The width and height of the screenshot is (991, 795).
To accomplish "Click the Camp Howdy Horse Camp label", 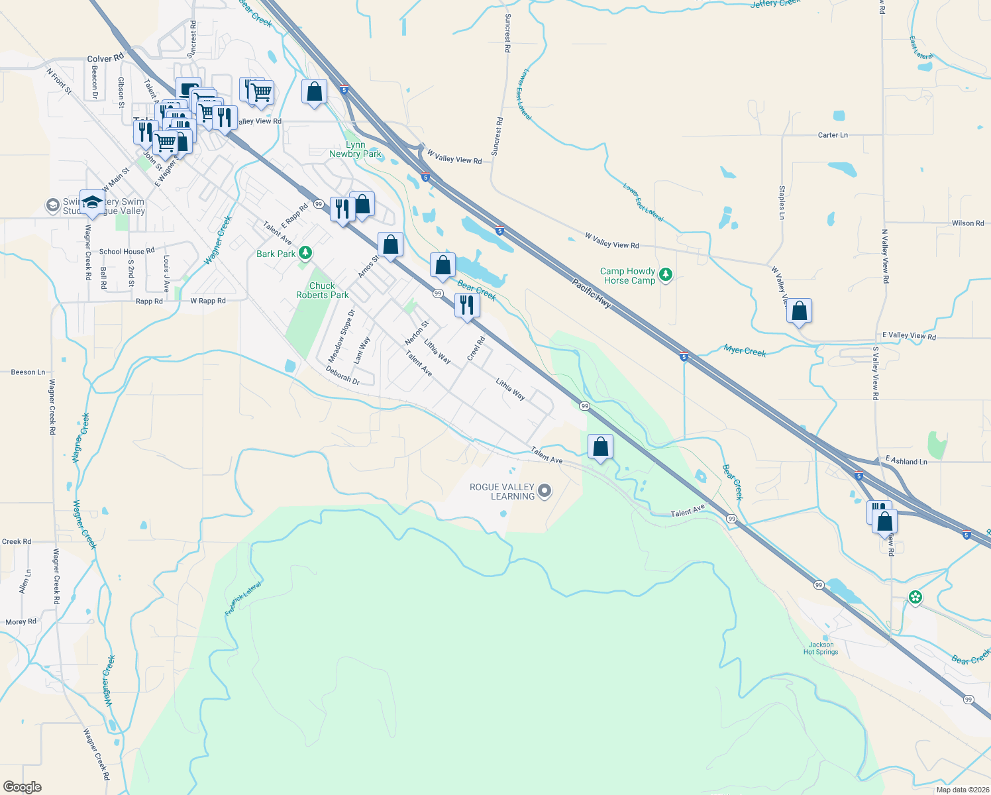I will pos(627,276).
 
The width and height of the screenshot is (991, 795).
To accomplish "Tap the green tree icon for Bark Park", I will pos(305,252).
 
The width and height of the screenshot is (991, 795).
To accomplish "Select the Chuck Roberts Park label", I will pos(322,290).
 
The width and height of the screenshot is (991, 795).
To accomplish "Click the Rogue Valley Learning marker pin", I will pos(545,491).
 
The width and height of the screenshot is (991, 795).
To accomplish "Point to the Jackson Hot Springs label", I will pos(821,648).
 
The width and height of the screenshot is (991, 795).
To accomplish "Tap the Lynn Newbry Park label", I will pos(355,149).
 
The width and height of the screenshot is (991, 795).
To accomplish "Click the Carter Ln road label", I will pos(833,135).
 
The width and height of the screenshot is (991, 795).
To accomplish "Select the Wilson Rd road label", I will pos(967,223).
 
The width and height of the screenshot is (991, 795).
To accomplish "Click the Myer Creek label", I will pos(745,350).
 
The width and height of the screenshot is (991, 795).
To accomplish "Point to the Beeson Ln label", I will pos(28,372).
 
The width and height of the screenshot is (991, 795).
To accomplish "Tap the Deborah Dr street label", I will pos(342,376).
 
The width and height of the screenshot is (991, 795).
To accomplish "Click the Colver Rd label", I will pos(105,58).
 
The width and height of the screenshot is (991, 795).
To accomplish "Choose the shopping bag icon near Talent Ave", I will pos(600,447).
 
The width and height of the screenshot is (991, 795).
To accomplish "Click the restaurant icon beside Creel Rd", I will pos(467,305).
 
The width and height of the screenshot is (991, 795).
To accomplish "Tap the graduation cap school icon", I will pos(91,202).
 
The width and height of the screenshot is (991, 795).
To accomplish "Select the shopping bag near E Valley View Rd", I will pos(799,311).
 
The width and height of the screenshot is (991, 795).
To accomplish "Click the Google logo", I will pos(22,787).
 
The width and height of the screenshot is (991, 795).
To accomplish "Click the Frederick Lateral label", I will pos(243,599).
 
